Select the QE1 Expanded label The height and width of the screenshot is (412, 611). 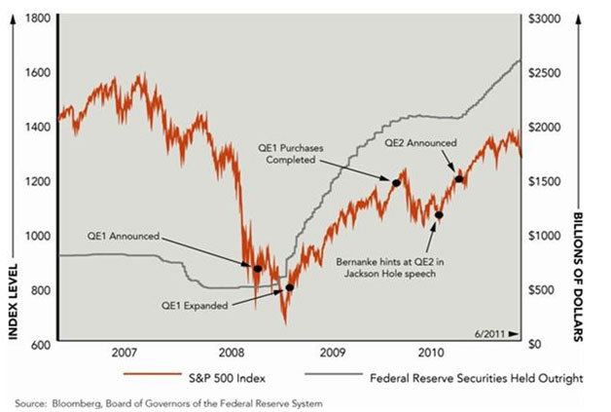tap(194, 305)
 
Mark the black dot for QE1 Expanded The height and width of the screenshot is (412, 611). tap(289, 288)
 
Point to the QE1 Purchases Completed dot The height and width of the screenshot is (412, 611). tap(396, 182)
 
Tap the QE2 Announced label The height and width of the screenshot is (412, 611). tap(420, 142)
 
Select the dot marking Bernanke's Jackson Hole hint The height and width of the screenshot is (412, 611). tap(439, 215)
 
